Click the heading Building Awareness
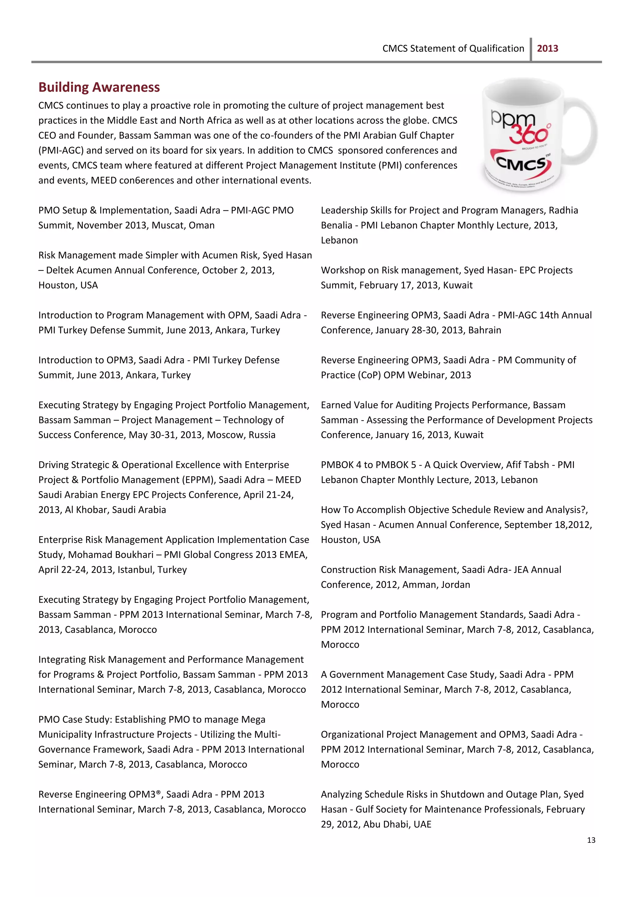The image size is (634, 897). pyautogui.click(x=99, y=87)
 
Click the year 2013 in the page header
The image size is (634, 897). pyautogui.click(x=547, y=48)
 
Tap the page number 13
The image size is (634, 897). pyautogui.click(x=591, y=840)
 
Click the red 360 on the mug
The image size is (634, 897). pyautogui.click(x=529, y=135)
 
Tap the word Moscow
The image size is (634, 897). pyautogui.click(x=221, y=435)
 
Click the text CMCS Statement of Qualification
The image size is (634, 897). pyautogui.click(x=453, y=48)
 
